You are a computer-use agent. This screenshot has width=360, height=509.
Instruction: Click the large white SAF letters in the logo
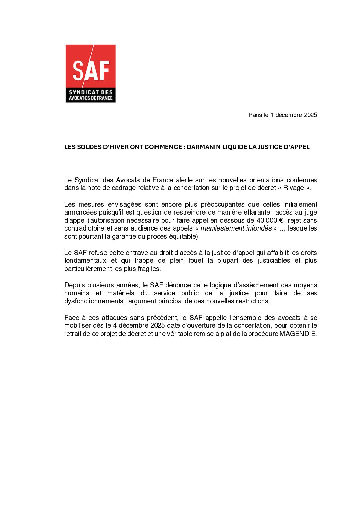click(x=91, y=70)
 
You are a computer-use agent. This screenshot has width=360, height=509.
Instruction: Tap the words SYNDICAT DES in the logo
click(x=91, y=92)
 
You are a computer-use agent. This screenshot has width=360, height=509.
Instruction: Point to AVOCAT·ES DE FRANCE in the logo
click(x=91, y=98)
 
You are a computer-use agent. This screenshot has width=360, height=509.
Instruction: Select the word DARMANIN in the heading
click(x=203, y=147)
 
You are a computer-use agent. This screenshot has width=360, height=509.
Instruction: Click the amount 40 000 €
click(x=270, y=220)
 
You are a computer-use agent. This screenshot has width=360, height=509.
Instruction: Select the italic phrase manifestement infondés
click(x=236, y=228)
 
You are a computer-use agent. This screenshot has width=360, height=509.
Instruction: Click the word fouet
click(x=196, y=260)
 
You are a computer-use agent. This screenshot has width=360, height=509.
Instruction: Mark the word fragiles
click(x=149, y=269)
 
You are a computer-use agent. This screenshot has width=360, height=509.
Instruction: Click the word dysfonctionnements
click(x=94, y=301)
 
